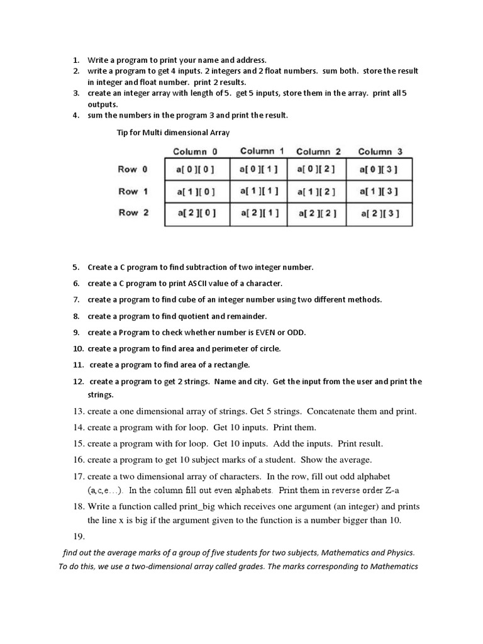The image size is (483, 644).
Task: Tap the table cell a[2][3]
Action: tap(379, 214)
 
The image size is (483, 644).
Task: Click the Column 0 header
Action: tap(195, 152)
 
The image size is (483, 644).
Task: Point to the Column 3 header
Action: tap(380, 152)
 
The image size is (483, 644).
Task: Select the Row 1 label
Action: tap(133, 191)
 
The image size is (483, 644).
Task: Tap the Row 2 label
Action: tap(133, 213)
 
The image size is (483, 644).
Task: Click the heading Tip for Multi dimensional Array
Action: tap(174, 133)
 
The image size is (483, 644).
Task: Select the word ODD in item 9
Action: tap(296, 332)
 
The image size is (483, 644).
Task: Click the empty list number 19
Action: tap(79, 536)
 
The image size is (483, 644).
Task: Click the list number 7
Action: tap(76, 299)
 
